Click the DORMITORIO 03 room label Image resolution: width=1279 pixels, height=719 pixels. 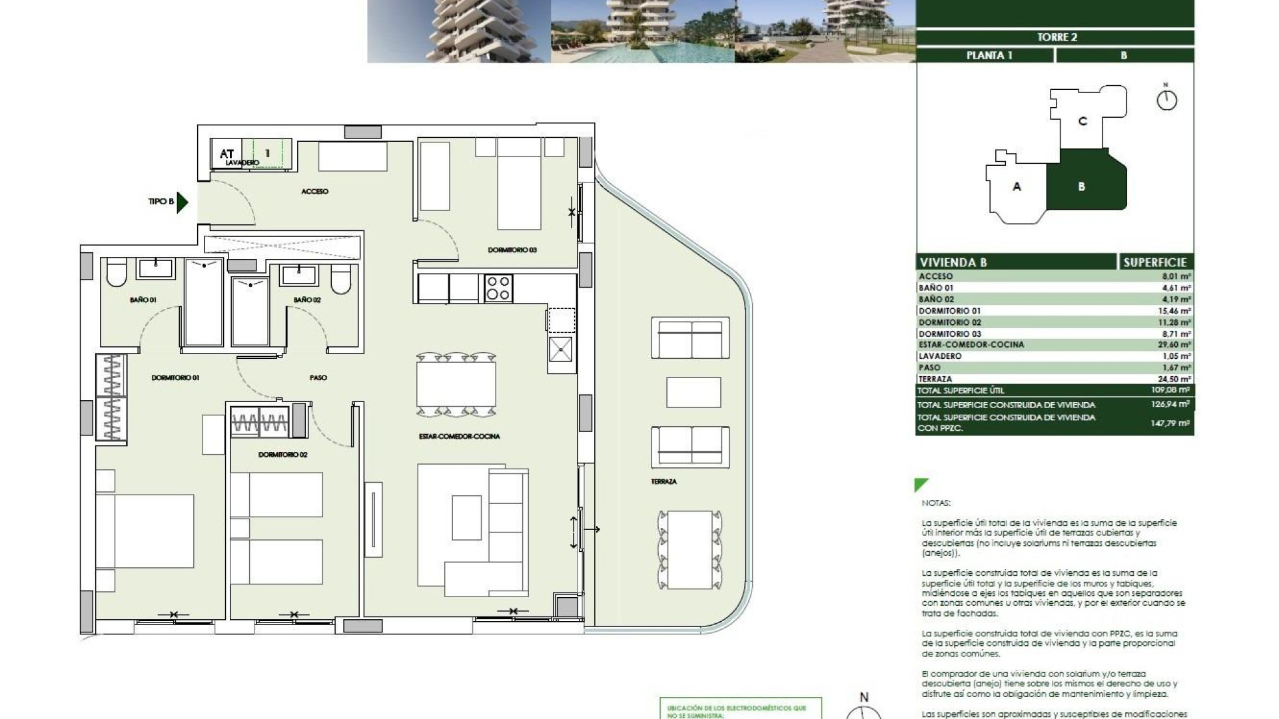pos(512,250)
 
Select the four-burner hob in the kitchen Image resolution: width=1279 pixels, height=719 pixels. pos(498,288)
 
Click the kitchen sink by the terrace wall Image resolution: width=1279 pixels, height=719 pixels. pos(560,349)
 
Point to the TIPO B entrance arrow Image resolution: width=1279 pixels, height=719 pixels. pos(182,201)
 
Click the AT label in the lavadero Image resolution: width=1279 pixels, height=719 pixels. pos(226,154)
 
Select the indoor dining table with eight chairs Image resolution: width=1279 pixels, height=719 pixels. pos(456,385)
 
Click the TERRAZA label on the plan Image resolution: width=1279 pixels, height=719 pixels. pos(663,481)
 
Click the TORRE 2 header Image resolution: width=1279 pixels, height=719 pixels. pos(1057,37)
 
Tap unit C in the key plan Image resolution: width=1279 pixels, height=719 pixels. pos(1082,121)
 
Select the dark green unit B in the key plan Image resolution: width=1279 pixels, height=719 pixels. pos(1082,186)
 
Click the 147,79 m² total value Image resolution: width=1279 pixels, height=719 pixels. pos(1170,423)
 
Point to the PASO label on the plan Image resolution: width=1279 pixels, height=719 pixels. pos(318,377)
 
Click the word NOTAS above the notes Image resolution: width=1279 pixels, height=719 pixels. pos(937,503)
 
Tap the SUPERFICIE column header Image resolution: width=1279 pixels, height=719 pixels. pos(1154,262)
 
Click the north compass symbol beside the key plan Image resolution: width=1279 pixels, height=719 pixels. pos(1166,100)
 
